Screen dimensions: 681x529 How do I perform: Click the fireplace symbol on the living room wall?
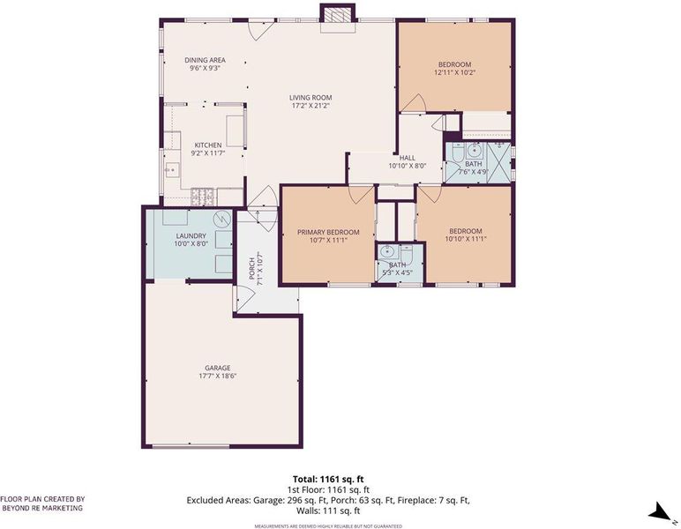tap(339, 15)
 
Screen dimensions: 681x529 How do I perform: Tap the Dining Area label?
tap(205, 60)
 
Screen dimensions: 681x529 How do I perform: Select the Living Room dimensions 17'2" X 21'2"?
tap(311, 105)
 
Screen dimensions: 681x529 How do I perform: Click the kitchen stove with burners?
tap(203, 197)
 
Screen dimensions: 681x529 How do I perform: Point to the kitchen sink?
tap(172, 168)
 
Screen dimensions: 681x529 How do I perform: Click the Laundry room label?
tap(191, 236)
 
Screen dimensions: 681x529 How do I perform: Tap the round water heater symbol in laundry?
tap(222, 218)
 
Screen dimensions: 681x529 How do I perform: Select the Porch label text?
tap(252, 269)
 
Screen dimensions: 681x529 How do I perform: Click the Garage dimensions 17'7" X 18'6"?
tap(217, 376)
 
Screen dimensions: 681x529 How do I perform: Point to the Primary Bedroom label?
tap(328, 232)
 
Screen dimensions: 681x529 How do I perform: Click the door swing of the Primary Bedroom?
tap(362, 194)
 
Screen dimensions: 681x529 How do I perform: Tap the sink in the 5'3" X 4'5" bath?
tap(385, 251)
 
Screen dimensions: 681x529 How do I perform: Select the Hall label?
tap(408, 158)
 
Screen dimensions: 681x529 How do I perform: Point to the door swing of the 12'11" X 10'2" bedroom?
tap(413, 103)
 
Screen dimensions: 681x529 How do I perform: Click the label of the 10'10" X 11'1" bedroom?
tap(466, 231)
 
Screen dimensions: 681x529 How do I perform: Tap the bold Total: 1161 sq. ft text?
tap(328, 480)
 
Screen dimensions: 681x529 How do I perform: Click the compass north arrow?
tap(661, 511)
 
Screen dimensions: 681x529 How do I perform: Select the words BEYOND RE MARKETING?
tap(42, 508)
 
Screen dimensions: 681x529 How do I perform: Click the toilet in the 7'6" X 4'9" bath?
tap(456, 153)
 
